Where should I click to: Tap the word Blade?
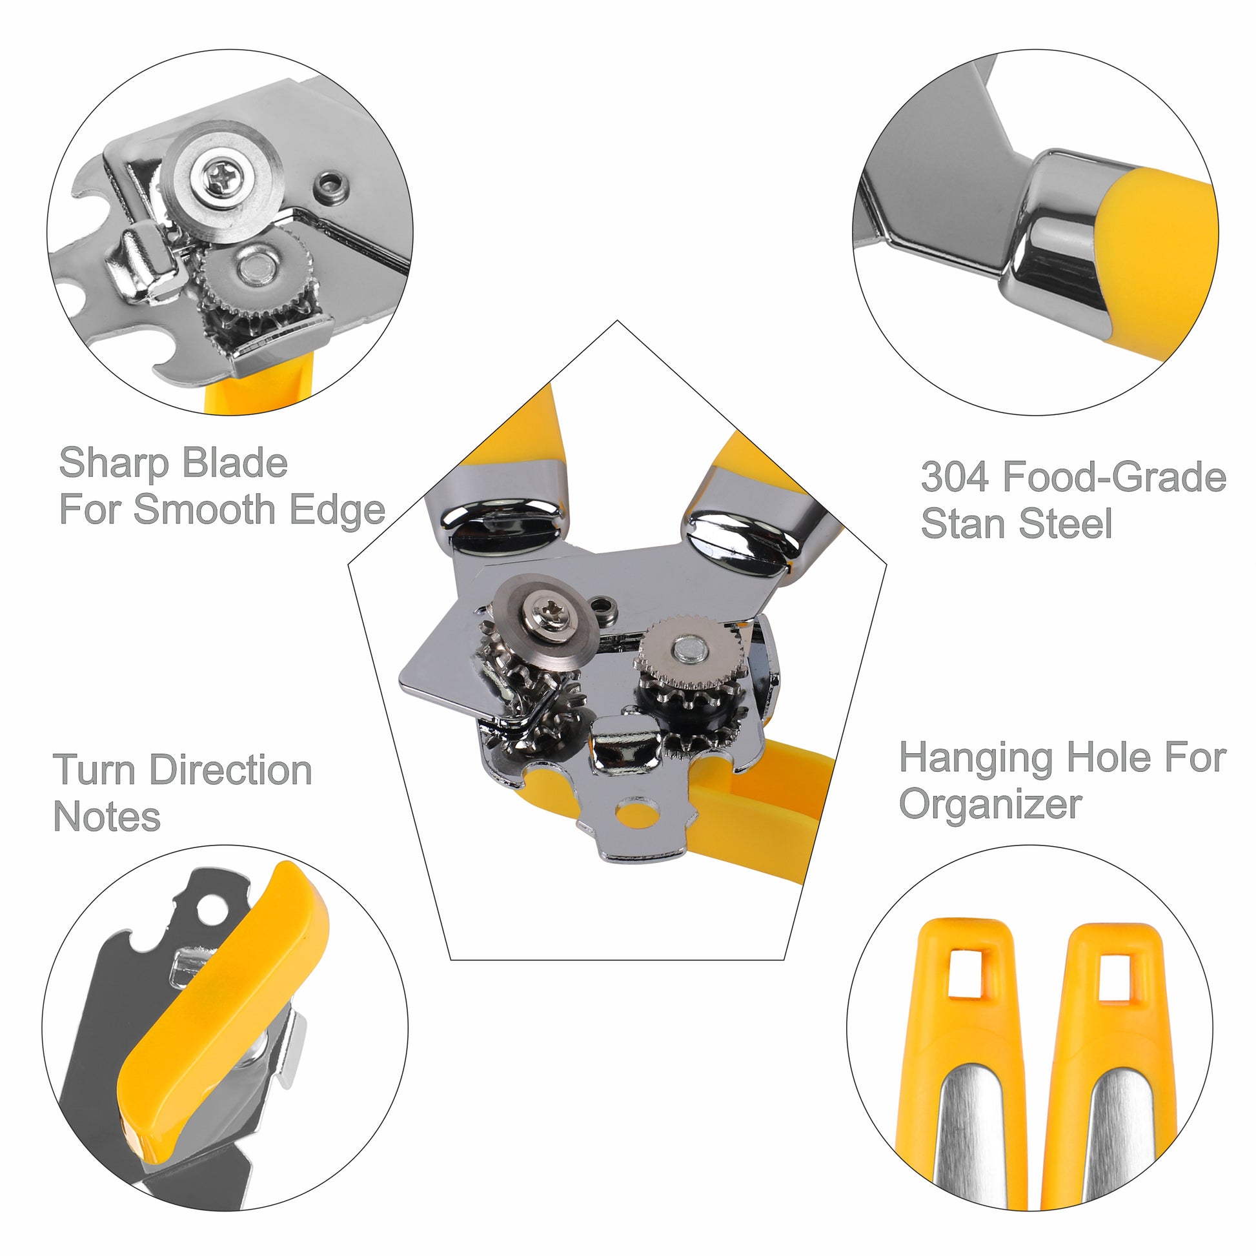pyautogui.click(x=235, y=463)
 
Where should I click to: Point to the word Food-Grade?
pyautogui.click(x=1114, y=476)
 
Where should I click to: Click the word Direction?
pyautogui.click(x=231, y=771)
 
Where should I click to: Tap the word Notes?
pyautogui.click(x=106, y=816)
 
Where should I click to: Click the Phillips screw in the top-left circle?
pyautogui.click(x=223, y=176)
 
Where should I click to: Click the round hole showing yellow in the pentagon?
pyautogui.click(x=638, y=813)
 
